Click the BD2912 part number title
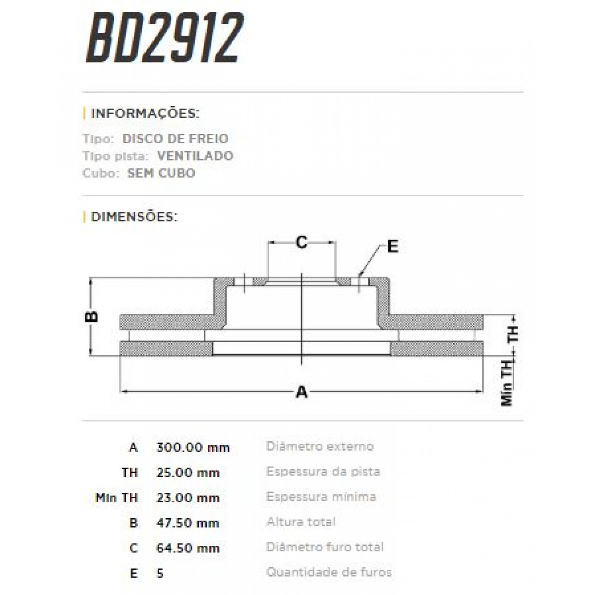tap(165, 38)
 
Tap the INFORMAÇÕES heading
tap(144, 114)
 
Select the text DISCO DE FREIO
tap(175, 139)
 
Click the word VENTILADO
tap(195, 156)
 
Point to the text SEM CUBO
tap(161, 173)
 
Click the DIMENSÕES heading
tap(134, 217)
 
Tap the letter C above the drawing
tap(301, 242)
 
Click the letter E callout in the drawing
tap(392, 246)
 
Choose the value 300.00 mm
tap(193, 447)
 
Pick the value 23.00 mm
tap(187, 498)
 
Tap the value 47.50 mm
tap(187, 523)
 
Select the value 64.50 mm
tap(187, 548)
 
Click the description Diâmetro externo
tap(320, 446)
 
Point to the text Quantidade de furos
tap(329, 572)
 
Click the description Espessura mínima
tap(321, 497)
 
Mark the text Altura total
tap(300, 522)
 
